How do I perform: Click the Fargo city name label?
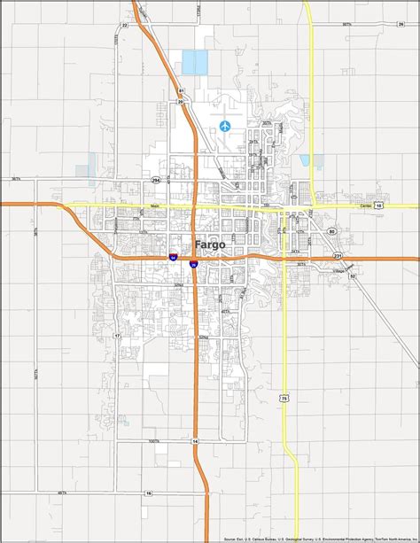210,245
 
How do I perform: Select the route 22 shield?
124,26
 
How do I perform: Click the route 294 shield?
157,180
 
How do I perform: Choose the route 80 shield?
332,231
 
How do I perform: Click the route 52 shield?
352,276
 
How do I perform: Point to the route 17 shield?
116,337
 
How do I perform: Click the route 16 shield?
149,493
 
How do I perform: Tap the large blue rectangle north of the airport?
193,62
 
